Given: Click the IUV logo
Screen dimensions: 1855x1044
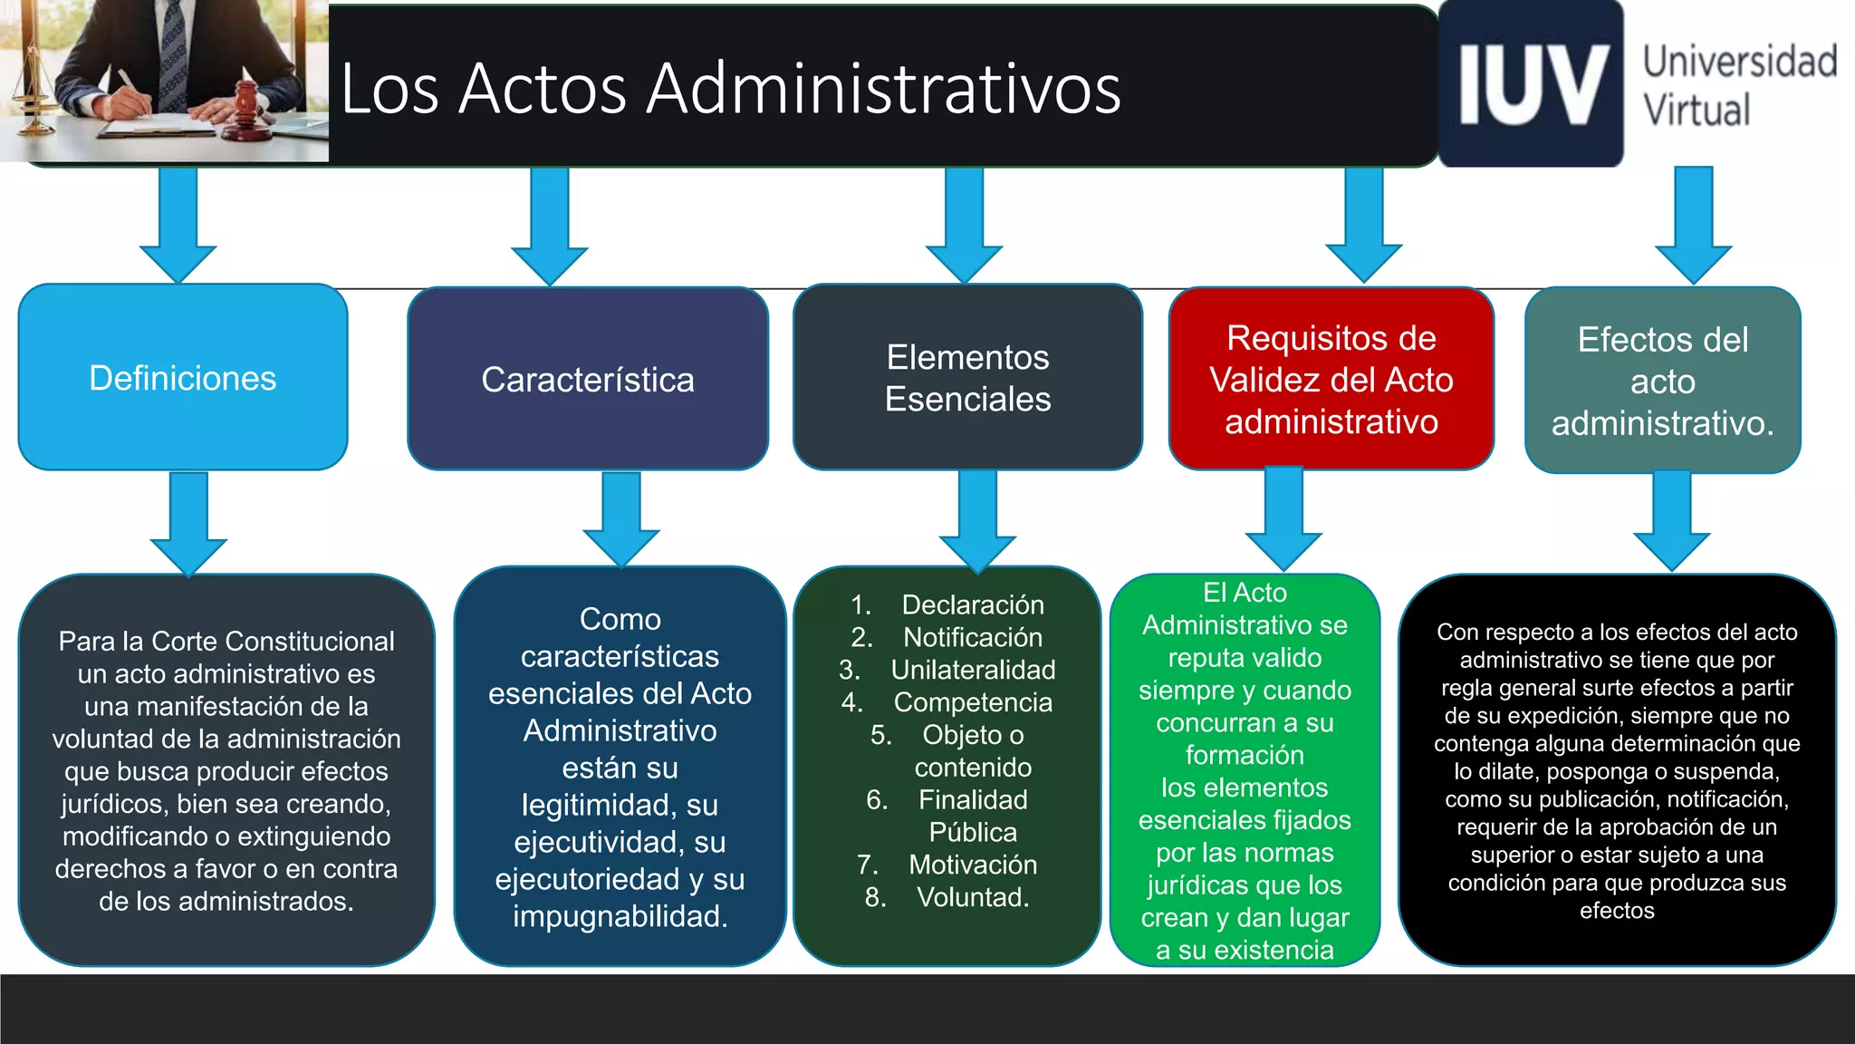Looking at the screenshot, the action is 1531,84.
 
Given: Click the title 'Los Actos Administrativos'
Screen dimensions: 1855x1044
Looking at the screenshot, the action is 730,89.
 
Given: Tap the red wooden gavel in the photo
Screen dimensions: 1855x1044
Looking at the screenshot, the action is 245,105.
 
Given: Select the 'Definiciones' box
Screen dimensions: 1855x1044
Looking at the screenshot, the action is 183,378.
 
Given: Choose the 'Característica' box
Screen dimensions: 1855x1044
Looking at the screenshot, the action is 588,380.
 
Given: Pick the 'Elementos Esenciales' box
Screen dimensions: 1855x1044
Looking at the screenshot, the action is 967,378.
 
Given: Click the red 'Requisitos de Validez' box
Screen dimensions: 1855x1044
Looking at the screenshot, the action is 1331,379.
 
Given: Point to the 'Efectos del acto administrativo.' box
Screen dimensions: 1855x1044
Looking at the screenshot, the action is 1662,381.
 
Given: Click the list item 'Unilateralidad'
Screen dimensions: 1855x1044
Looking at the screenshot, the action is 973,670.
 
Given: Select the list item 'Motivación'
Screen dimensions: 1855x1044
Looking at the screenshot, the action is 973,865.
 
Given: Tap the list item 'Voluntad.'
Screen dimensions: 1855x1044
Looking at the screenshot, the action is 973,897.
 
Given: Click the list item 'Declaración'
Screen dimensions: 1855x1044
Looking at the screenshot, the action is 973,604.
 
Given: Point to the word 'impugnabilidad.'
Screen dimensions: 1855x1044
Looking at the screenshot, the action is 620,916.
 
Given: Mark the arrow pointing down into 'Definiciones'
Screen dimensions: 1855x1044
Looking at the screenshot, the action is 178,227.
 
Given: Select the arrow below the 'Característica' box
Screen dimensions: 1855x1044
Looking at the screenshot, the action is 621,520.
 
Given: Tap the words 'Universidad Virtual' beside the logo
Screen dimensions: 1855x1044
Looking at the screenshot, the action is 1739,85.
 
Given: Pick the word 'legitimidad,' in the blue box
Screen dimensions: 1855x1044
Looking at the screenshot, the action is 595,805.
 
